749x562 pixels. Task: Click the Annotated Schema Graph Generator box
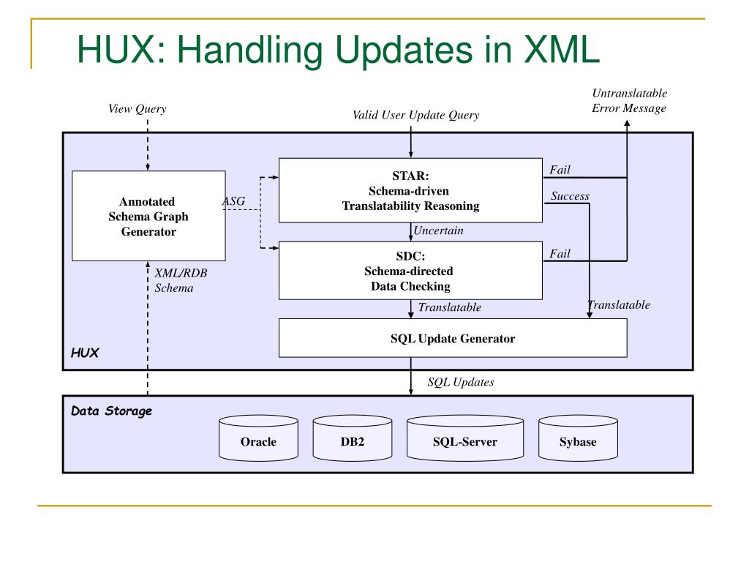(x=148, y=216)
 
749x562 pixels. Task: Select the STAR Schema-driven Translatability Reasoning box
(x=410, y=190)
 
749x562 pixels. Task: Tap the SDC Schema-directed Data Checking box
(x=410, y=271)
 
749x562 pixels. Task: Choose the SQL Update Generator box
(x=453, y=338)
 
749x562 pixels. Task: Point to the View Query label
(x=137, y=109)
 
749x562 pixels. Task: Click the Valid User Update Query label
(x=416, y=114)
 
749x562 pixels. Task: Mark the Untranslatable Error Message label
(x=629, y=101)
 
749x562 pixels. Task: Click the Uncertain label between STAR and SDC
(x=439, y=231)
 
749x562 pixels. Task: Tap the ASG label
(x=233, y=201)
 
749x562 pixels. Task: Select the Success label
(x=570, y=196)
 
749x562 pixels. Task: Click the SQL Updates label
(x=460, y=382)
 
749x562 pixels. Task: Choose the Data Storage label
(x=111, y=411)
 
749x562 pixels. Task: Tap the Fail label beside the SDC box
(x=560, y=254)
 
